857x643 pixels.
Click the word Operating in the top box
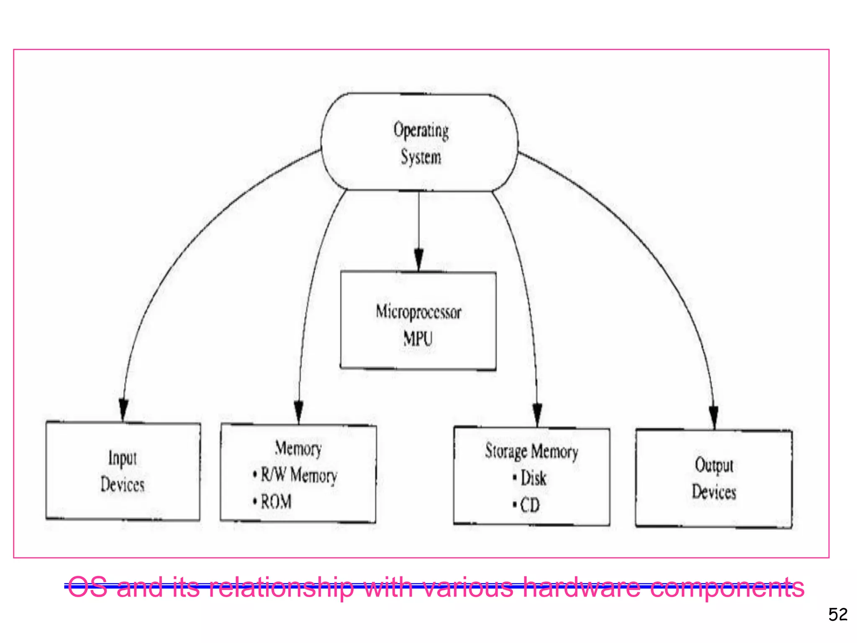pyautogui.click(x=421, y=131)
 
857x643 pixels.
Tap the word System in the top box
pyautogui.click(x=421, y=157)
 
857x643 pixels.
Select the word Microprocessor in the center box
pyautogui.click(x=418, y=312)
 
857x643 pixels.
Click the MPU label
pyautogui.click(x=418, y=339)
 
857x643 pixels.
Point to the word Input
pyautogui.click(x=123, y=458)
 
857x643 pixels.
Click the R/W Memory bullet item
pyautogui.click(x=299, y=475)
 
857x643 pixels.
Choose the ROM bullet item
pyautogui.click(x=276, y=502)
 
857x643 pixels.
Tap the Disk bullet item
pyautogui.click(x=533, y=478)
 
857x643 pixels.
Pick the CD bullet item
pyautogui.click(x=530, y=505)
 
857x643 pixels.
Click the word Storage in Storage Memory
pyautogui.click(x=506, y=451)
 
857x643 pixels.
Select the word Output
pyautogui.click(x=714, y=465)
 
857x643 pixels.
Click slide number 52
pyautogui.click(x=838, y=615)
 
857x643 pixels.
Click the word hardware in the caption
pyautogui.click(x=582, y=587)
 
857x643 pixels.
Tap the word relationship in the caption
pyautogui.click(x=282, y=587)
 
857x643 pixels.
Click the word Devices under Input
pyautogui.click(x=123, y=485)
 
